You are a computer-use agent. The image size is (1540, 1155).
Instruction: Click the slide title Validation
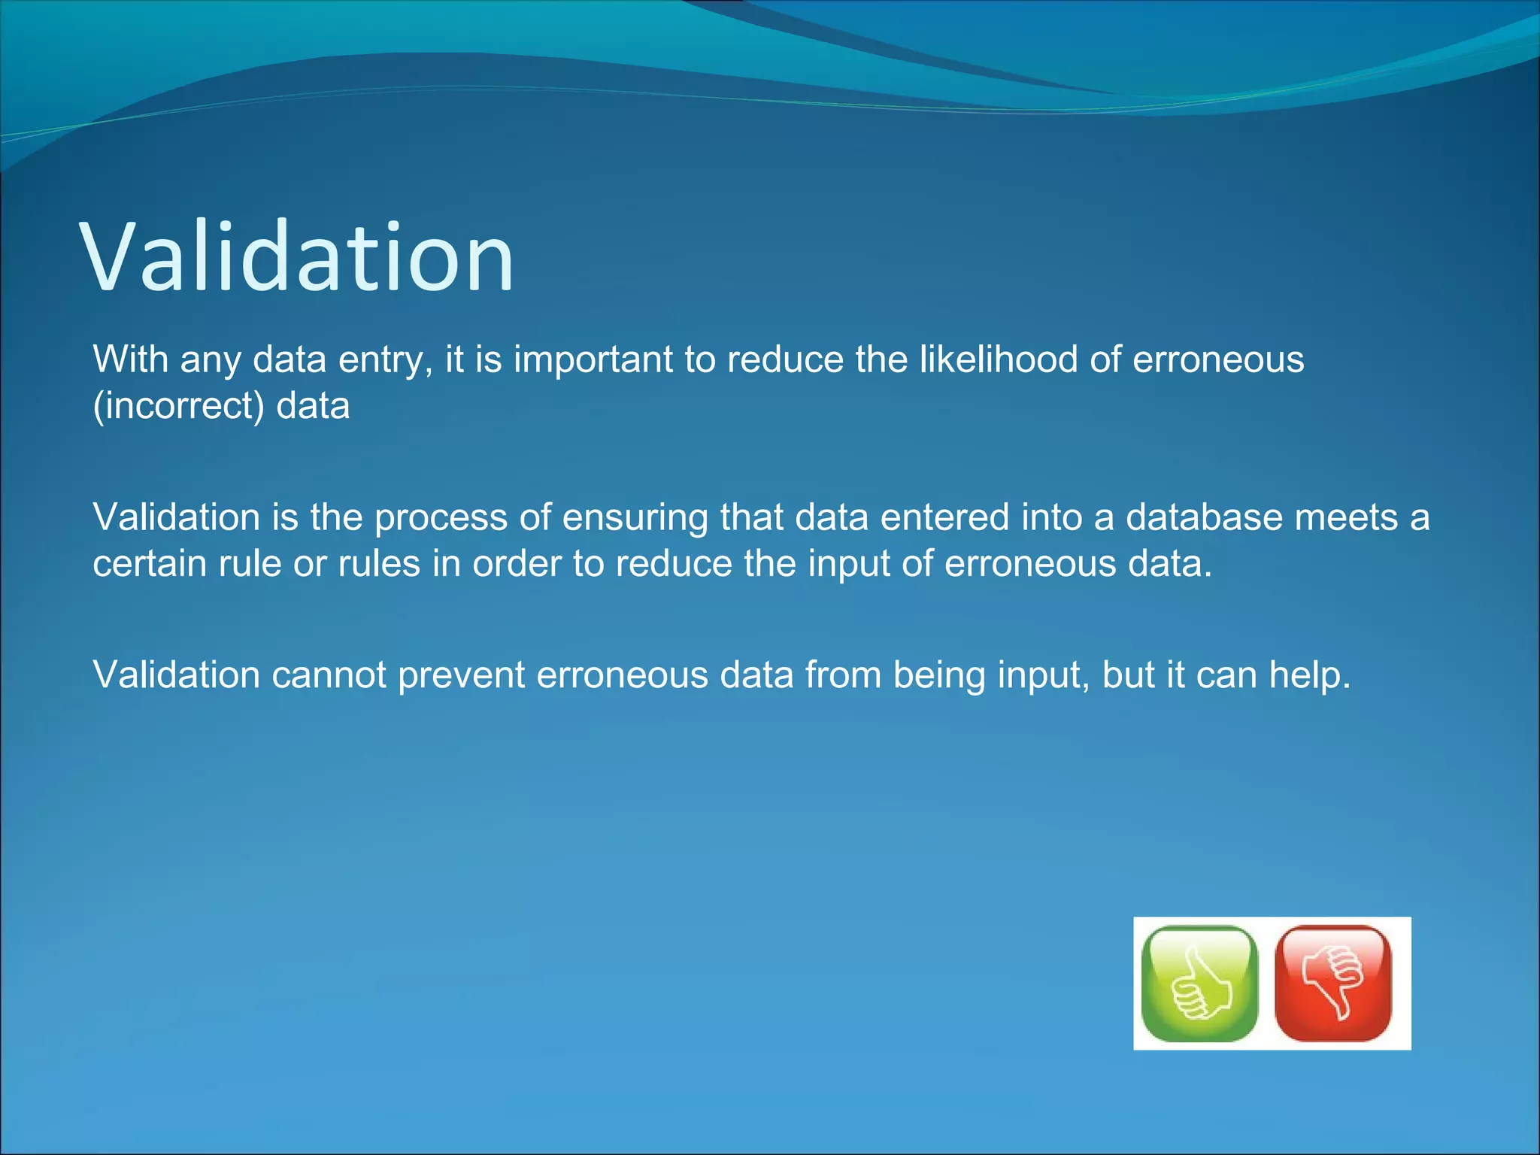(x=297, y=257)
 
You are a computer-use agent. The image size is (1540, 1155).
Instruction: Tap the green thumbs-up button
(x=1199, y=983)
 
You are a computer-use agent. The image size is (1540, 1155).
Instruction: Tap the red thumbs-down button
(x=1333, y=983)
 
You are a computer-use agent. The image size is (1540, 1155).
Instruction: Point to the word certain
(x=150, y=564)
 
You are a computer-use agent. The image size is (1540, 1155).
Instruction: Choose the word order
(x=517, y=564)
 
